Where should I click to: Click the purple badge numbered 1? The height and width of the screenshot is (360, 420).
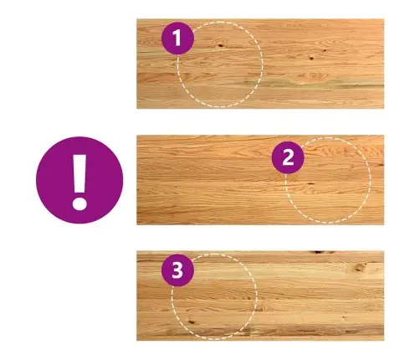tap(177, 39)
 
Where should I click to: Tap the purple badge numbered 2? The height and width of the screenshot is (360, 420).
tap(288, 157)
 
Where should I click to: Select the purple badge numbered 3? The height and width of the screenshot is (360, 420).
tap(177, 270)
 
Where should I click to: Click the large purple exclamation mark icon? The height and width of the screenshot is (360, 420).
tap(79, 180)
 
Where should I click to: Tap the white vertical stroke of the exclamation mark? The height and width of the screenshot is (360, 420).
tap(79, 173)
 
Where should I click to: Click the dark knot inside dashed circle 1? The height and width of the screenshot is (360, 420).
tap(221, 44)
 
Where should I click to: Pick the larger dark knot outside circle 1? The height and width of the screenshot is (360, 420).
tap(311, 59)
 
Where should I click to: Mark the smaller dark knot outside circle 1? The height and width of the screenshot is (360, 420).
tap(325, 50)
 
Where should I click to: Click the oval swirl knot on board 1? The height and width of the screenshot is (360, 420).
tap(313, 75)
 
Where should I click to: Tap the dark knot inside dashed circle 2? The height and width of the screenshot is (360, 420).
tap(310, 184)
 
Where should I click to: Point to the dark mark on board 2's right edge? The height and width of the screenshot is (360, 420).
tap(380, 165)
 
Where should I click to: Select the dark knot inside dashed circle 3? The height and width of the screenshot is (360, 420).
tap(191, 321)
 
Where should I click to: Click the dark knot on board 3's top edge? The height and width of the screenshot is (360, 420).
tap(320, 252)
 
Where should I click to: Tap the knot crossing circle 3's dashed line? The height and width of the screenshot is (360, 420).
tap(258, 309)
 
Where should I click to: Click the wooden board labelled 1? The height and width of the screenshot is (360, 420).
tap(260, 64)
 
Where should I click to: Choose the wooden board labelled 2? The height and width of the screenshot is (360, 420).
tap(260, 180)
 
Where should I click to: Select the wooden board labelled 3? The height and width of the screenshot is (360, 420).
tap(260, 296)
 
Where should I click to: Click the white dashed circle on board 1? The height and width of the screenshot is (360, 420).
tap(263, 64)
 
